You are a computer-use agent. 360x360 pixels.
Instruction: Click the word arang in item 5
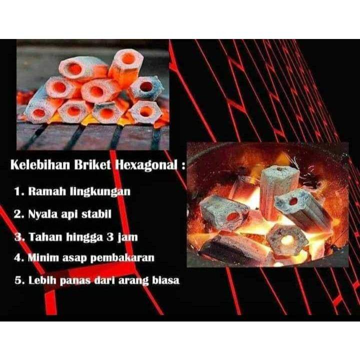click(x=134, y=281)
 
